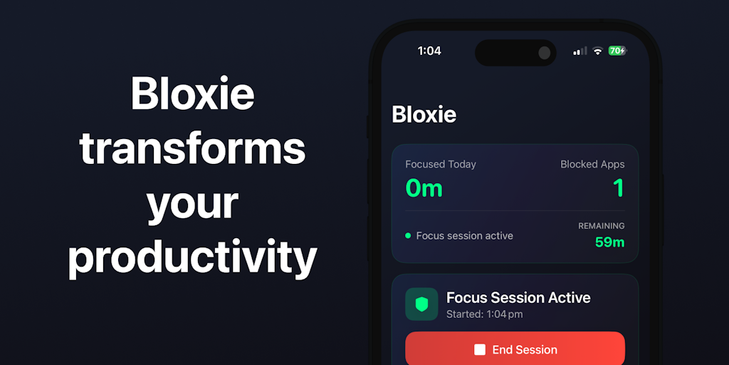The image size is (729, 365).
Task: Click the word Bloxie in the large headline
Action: point(192,93)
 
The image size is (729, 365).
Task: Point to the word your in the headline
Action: point(192,206)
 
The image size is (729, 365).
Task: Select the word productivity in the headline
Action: point(192,259)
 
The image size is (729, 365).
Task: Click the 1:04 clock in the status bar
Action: point(429,51)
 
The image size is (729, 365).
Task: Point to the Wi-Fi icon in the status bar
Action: point(598,51)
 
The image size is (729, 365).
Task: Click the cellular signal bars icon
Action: point(579,51)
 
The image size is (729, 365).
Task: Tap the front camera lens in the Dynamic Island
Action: point(545,53)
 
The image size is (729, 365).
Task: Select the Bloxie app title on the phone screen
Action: point(424,115)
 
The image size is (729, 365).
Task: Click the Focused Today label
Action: point(441,164)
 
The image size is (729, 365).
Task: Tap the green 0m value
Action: point(424,188)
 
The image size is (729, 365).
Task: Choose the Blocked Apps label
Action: point(592,164)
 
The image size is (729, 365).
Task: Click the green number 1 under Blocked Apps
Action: point(619,188)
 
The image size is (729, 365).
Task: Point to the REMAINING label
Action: point(601,226)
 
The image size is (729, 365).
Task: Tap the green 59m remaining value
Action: point(610,242)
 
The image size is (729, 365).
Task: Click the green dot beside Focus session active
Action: point(408,235)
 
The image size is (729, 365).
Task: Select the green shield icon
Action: point(421,304)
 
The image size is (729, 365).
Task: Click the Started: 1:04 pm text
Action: point(484,314)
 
